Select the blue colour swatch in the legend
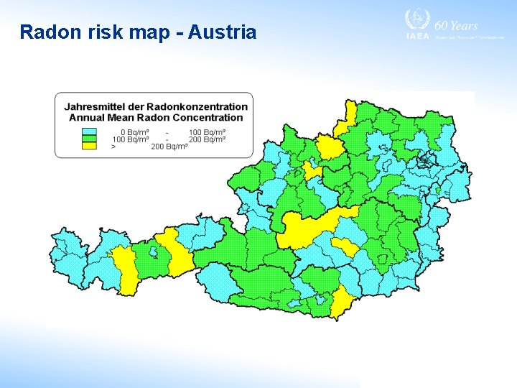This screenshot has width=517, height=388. (x=88, y=132)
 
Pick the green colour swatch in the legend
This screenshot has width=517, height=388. (x=88, y=139)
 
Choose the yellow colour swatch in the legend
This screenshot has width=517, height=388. (x=88, y=146)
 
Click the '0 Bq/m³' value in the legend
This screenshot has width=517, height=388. (x=135, y=132)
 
